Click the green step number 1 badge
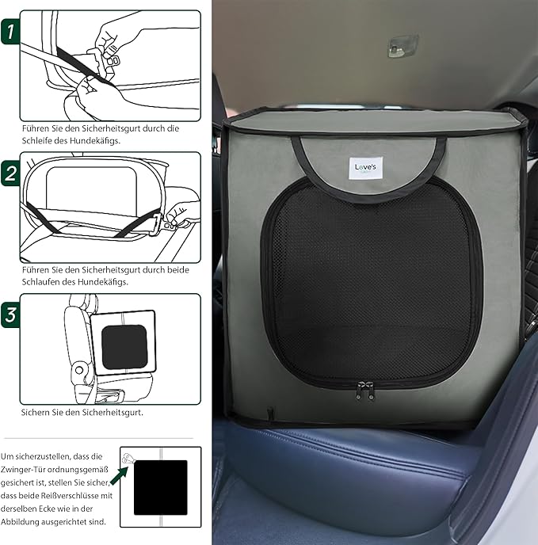(x=10, y=32)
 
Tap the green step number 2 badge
(x=10, y=173)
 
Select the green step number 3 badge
(x=10, y=315)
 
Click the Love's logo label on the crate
(x=365, y=168)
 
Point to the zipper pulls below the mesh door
(x=365, y=391)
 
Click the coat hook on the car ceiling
(x=403, y=45)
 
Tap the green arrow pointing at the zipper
(x=120, y=475)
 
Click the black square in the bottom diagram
(x=161, y=487)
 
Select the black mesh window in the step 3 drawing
(x=124, y=347)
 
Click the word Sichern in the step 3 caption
(x=33, y=413)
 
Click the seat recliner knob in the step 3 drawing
(x=79, y=369)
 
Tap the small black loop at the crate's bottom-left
(x=270, y=413)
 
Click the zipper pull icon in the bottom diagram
(x=128, y=458)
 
